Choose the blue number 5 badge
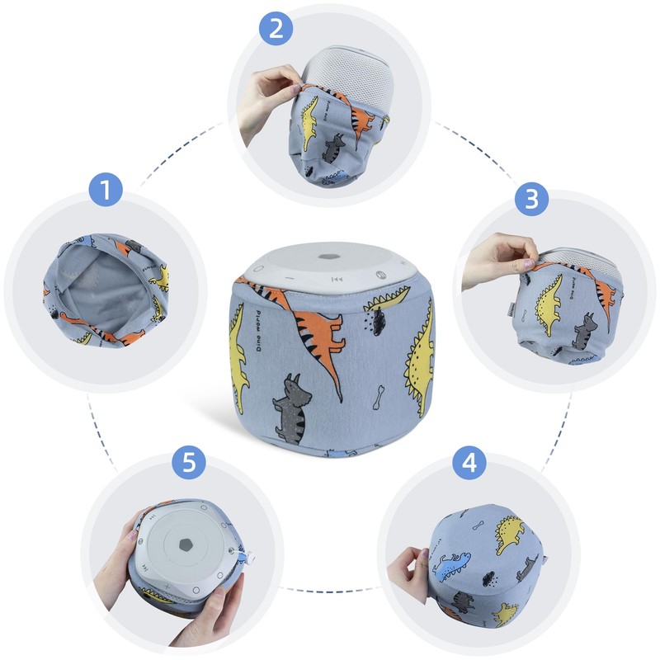click(x=189, y=462)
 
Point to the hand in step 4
click(x=410, y=568)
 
